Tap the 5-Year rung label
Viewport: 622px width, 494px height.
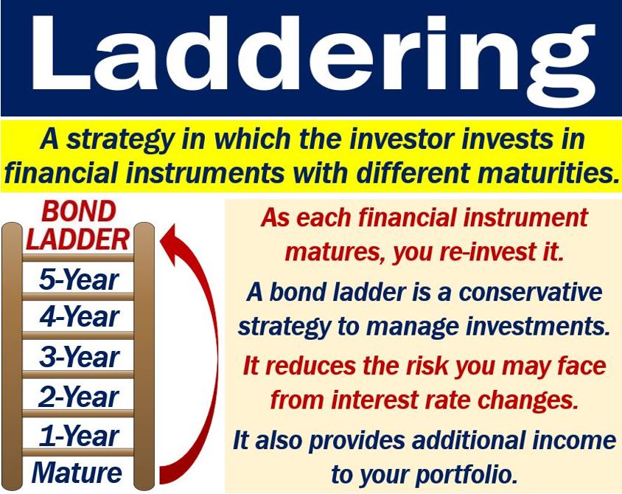(79, 279)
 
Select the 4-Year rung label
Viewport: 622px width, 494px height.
(79, 317)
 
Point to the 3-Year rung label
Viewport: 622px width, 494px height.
(79, 356)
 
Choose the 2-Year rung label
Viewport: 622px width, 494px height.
(79, 397)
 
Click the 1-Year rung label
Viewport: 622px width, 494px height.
(79, 436)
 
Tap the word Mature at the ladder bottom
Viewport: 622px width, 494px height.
(77, 473)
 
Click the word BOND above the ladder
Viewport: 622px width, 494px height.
(79, 212)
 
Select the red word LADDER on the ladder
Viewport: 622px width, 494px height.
(78, 240)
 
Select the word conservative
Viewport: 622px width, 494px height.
(531, 293)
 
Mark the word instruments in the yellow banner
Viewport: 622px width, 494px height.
(205, 173)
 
